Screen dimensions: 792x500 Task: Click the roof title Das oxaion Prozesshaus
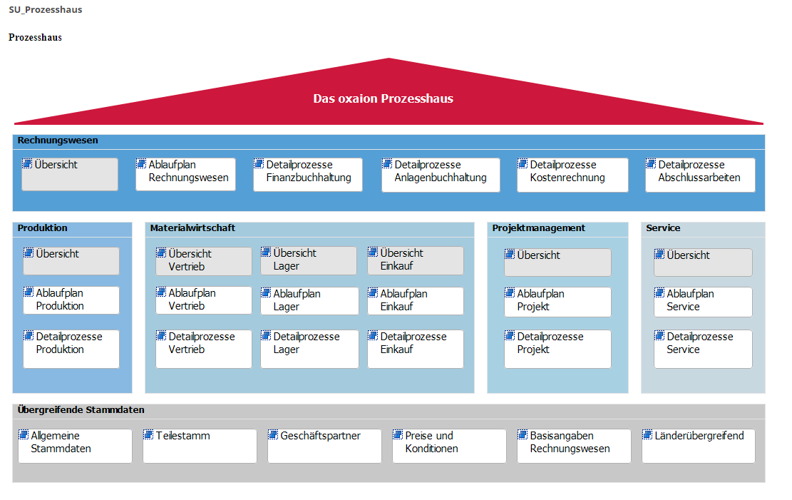pos(383,98)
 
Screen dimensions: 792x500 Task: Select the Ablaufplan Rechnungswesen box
pos(185,175)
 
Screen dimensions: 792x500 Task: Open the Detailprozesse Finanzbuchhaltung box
pos(308,175)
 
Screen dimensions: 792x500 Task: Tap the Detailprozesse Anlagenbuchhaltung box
pos(441,175)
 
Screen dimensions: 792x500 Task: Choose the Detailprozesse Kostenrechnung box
pos(572,175)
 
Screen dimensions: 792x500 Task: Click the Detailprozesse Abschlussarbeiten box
pos(700,175)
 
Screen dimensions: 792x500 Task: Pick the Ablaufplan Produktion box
pos(71,300)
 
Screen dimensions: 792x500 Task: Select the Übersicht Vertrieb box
pos(204,261)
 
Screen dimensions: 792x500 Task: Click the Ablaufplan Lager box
pos(309,301)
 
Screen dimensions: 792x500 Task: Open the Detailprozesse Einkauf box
pos(415,349)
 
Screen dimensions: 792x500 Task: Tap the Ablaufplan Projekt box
pos(557,302)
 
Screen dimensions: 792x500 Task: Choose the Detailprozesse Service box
pos(703,349)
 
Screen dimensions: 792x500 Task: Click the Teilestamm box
pos(200,446)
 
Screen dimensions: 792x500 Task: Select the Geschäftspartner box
pos(324,446)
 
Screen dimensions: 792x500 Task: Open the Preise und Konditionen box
pos(449,446)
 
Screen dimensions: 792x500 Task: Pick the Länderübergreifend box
pos(699,446)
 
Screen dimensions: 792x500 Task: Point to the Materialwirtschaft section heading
pos(192,228)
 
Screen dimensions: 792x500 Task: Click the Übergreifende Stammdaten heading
pos(81,410)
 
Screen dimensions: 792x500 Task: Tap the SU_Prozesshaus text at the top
pos(46,9)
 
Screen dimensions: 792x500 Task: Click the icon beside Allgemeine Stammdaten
pos(24,435)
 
